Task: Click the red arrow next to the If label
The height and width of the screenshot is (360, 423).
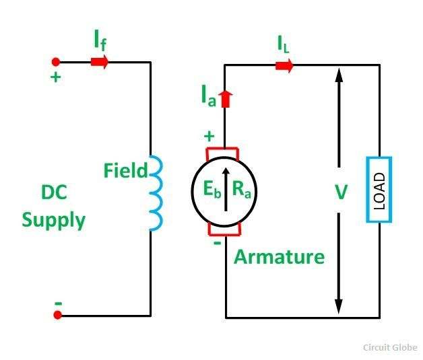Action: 99,62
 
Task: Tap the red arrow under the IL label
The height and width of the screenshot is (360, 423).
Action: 284,65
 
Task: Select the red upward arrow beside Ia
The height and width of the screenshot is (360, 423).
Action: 226,99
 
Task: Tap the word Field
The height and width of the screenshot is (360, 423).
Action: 125,171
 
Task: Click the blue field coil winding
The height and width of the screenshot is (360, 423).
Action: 154,194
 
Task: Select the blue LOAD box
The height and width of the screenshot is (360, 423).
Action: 379,189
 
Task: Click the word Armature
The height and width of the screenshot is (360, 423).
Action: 279,256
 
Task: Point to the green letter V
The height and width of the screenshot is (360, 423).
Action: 341,192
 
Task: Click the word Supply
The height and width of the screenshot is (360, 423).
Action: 53,221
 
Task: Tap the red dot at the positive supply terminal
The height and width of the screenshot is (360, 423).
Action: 57,62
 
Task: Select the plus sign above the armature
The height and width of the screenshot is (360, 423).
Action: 209,137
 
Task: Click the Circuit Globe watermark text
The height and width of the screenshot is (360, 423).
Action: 390,347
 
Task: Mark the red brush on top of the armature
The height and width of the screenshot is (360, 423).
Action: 226,151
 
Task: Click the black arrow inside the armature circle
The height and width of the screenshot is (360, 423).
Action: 226,190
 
